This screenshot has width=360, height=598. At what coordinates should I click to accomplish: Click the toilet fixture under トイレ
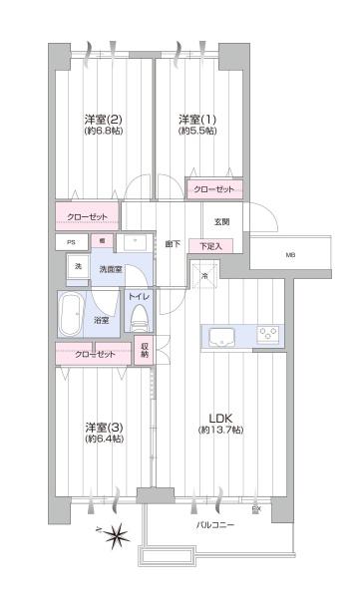click(x=138, y=318)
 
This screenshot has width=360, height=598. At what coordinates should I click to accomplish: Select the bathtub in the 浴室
click(x=73, y=316)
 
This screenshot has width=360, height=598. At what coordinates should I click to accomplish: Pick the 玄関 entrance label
click(x=221, y=221)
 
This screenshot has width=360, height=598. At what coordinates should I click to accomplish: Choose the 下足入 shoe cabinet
click(x=210, y=245)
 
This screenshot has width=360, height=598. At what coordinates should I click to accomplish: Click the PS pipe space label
click(x=71, y=242)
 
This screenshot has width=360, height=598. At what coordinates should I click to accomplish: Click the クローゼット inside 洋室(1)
click(x=213, y=189)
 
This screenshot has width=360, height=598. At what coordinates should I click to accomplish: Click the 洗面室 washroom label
click(x=110, y=269)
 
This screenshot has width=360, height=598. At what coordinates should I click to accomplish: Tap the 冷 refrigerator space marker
click(x=205, y=276)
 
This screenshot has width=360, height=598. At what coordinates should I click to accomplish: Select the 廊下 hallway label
click(x=173, y=244)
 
